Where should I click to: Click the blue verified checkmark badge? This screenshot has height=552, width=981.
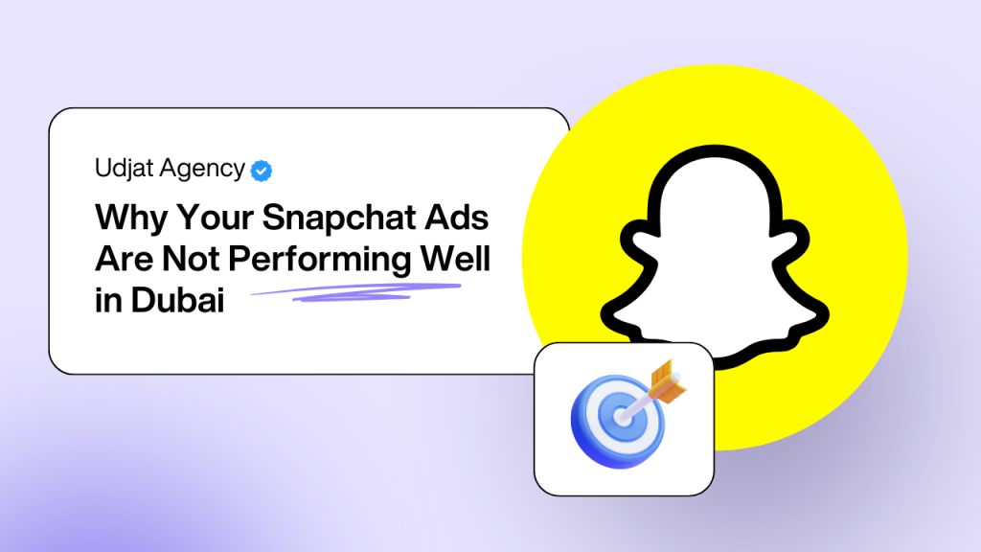click(261, 171)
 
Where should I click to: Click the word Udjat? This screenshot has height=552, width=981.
click(122, 169)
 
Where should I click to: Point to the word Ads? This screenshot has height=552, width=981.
click(459, 218)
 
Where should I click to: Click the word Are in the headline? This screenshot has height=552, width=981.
click(122, 260)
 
